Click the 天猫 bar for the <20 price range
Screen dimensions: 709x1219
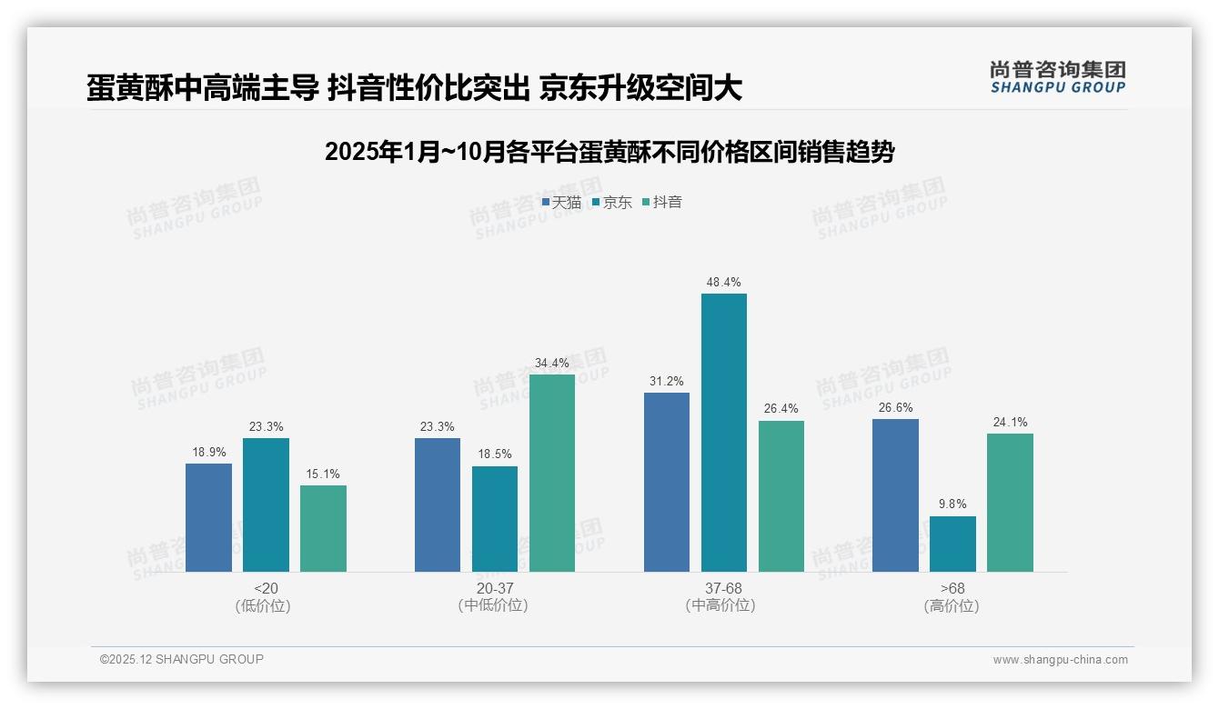(208, 517)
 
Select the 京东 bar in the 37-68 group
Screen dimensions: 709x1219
(723, 433)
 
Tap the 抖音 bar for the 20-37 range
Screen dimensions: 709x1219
(551, 473)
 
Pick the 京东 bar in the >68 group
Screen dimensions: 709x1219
(952, 544)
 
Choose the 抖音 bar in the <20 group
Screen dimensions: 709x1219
(323, 528)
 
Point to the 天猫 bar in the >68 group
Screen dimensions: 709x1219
(895, 495)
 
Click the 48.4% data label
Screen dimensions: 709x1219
(723, 283)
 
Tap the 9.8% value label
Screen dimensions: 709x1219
(952, 504)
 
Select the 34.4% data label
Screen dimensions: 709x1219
(551, 364)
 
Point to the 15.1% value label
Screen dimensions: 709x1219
(323, 474)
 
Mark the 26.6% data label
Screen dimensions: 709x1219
(895, 408)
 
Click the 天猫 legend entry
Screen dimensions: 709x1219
(561, 203)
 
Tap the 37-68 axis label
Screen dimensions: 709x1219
(723, 589)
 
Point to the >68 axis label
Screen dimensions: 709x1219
(952, 589)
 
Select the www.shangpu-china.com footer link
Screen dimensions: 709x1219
(1060, 660)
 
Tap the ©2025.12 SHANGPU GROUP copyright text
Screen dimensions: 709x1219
(182, 660)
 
